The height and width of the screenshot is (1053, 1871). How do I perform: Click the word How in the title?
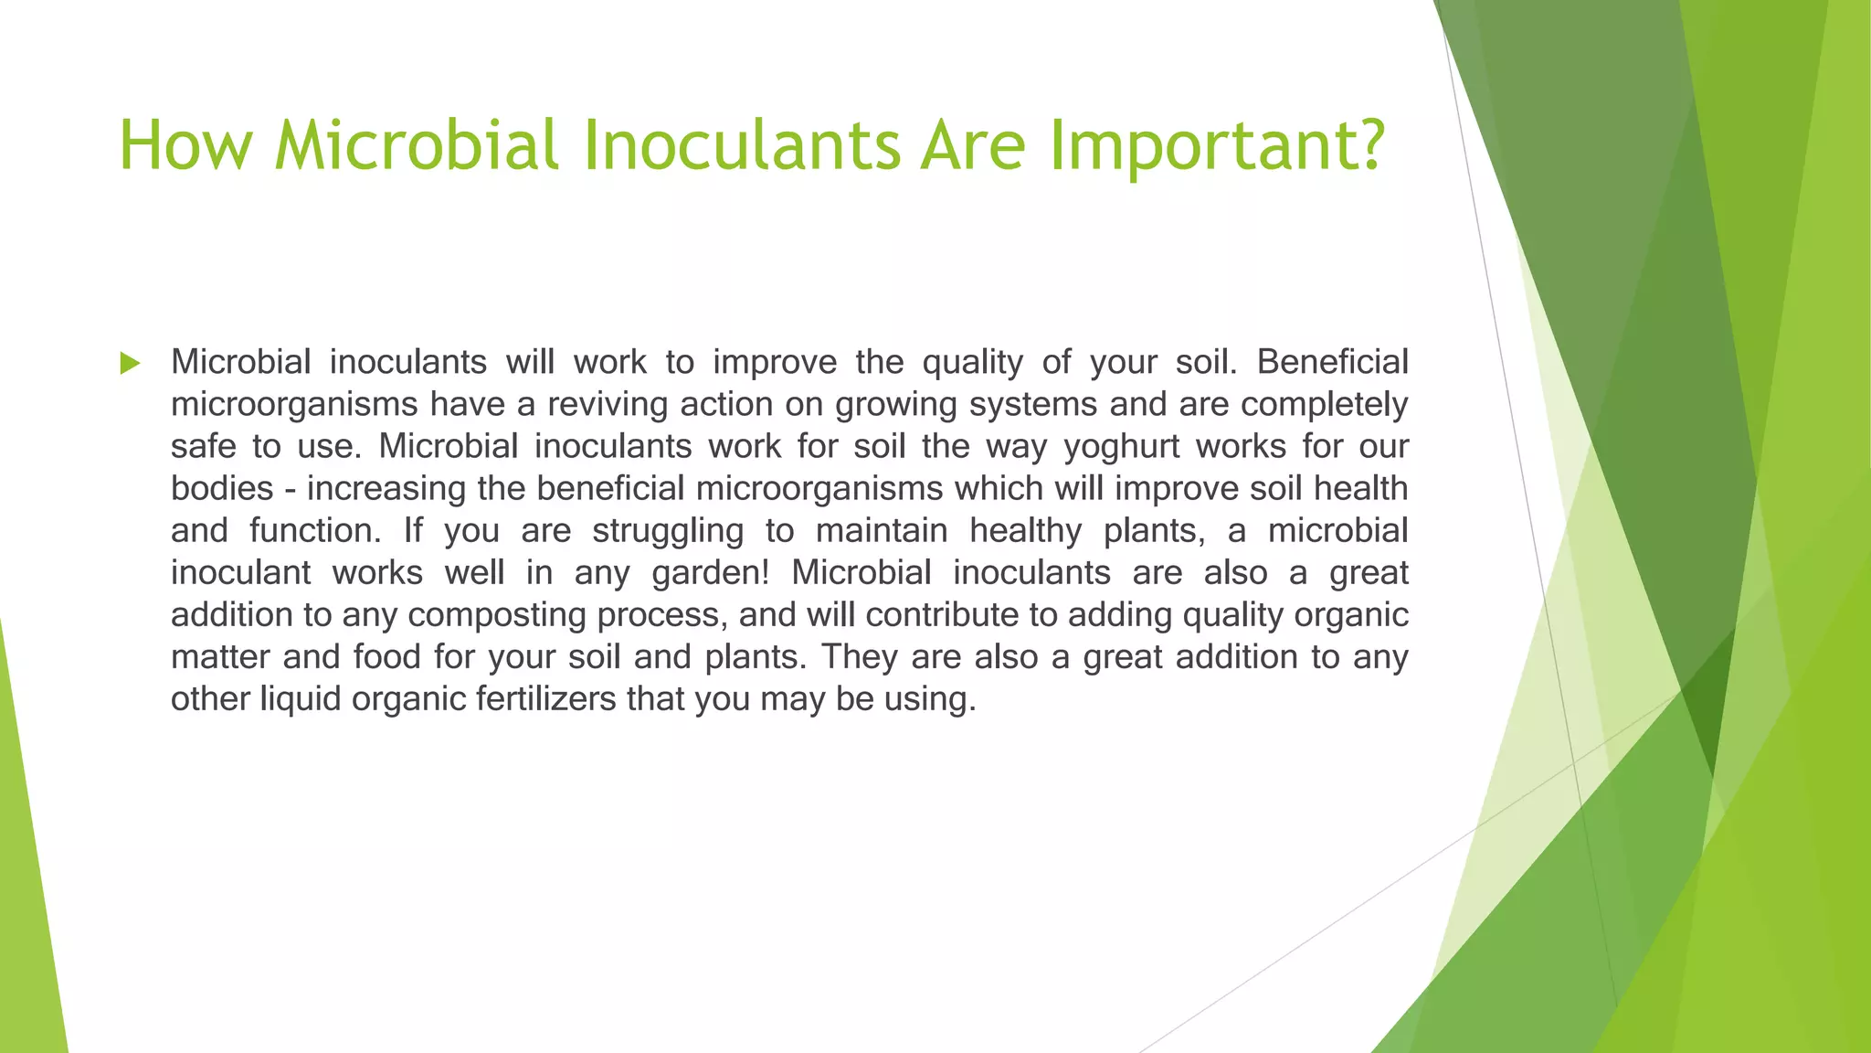[184, 146]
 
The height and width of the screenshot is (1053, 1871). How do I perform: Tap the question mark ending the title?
[1368, 146]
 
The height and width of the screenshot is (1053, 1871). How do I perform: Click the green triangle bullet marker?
[130, 364]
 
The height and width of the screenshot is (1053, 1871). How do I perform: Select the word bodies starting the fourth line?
[222, 489]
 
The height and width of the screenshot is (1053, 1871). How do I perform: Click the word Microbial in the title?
[417, 146]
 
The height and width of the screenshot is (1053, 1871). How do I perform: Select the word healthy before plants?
[1026, 531]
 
